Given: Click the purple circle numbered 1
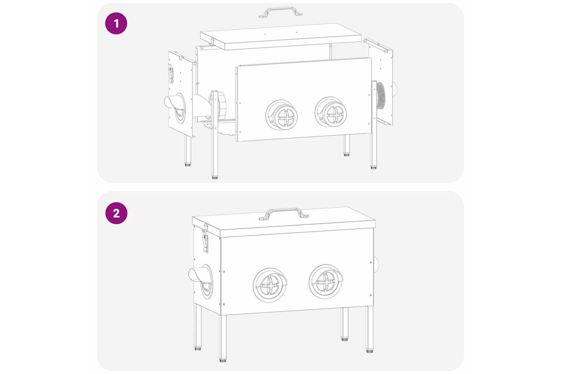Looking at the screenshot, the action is pos(116,24).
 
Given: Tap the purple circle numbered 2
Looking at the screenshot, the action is pos(116,213).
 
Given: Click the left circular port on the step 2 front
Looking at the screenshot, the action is pos(270,285).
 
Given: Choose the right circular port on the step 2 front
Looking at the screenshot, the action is pos(326,282).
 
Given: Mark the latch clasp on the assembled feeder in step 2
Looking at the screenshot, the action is pos(205,237).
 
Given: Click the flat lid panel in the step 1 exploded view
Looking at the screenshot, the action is pos(281,36).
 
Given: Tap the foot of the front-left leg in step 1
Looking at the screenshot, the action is pos(214,178).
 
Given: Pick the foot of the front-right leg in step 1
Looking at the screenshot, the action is pos(373,167).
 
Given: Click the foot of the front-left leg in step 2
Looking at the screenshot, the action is pos(223,361).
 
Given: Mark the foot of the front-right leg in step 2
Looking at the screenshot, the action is pos(369,351).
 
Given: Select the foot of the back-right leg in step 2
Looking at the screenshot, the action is pos(345,339).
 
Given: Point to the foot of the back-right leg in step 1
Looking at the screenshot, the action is pos(346,155).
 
